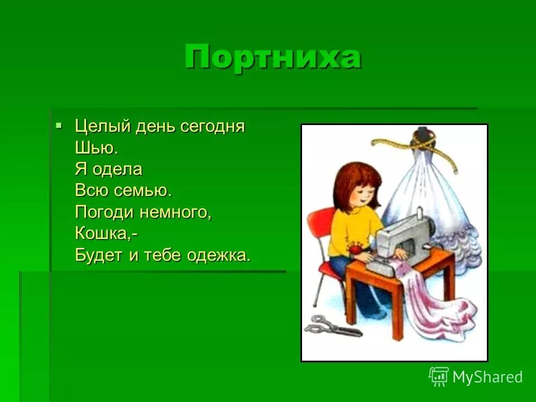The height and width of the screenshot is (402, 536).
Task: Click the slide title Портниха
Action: coord(272,57)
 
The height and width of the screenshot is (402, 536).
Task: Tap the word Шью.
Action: coord(96,148)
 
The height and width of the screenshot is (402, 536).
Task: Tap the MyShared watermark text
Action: coord(487,377)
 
